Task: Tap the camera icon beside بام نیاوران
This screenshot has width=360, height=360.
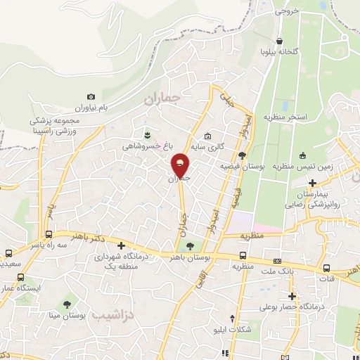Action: (91, 96)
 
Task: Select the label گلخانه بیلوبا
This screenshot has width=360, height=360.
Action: (281, 51)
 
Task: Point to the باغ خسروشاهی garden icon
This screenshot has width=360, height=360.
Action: (146, 134)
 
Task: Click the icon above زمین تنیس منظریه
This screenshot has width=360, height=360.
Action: (302, 155)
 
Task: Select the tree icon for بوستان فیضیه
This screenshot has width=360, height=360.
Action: (241, 155)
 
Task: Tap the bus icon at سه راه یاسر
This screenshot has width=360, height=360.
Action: (48, 234)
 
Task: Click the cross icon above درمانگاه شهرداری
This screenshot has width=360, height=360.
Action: (122, 246)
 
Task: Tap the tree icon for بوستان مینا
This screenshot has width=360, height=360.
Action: (67, 304)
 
